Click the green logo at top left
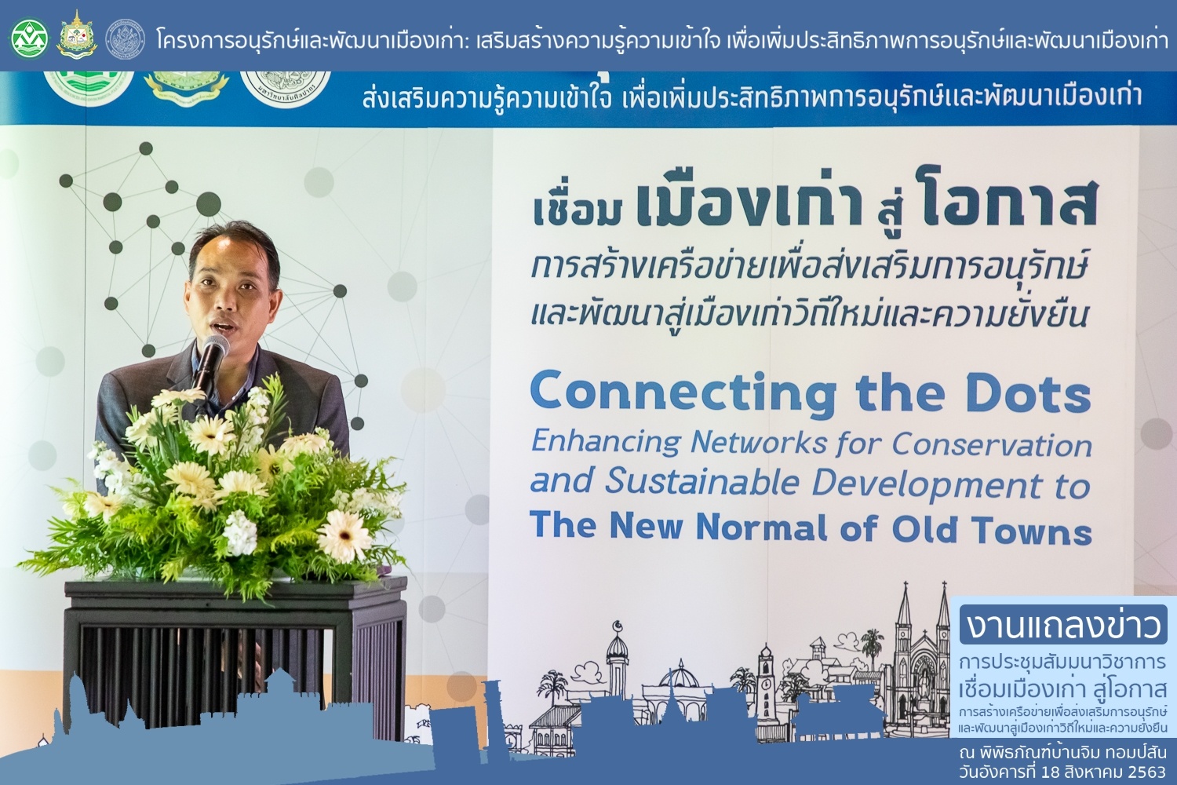(x=30, y=38)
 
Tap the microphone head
(x=215, y=348)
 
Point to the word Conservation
(x=992, y=445)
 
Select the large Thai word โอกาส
(x=1010, y=203)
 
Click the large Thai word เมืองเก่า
(x=749, y=203)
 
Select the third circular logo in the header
(x=125, y=38)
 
